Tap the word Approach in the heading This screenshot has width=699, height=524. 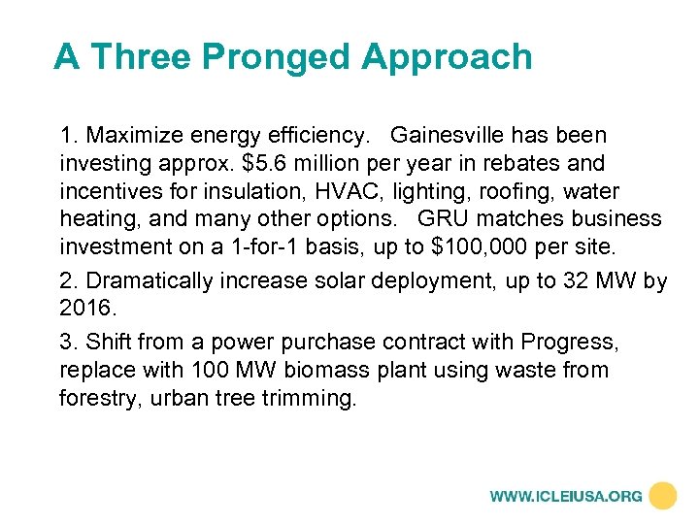[x=447, y=57]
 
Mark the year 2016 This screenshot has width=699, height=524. [x=86, y=310]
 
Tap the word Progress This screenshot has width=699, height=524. [x=568, y=343]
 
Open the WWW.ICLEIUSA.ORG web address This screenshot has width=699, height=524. [x=566, y=496]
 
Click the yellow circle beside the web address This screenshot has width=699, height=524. [x=663, y=495]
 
